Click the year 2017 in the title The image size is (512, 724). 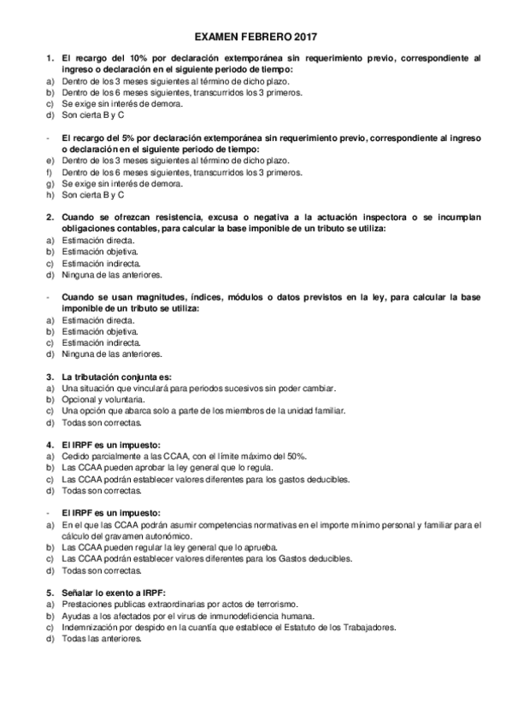point(305,38)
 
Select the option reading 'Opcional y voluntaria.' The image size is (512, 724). point(103,400)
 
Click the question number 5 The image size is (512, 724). point(49,593)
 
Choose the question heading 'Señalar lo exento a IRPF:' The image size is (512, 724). point(113,593)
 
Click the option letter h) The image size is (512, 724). point(49,194)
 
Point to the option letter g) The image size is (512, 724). point(49,183)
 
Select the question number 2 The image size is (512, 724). point(49,217)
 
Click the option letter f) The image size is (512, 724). point(49,171)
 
